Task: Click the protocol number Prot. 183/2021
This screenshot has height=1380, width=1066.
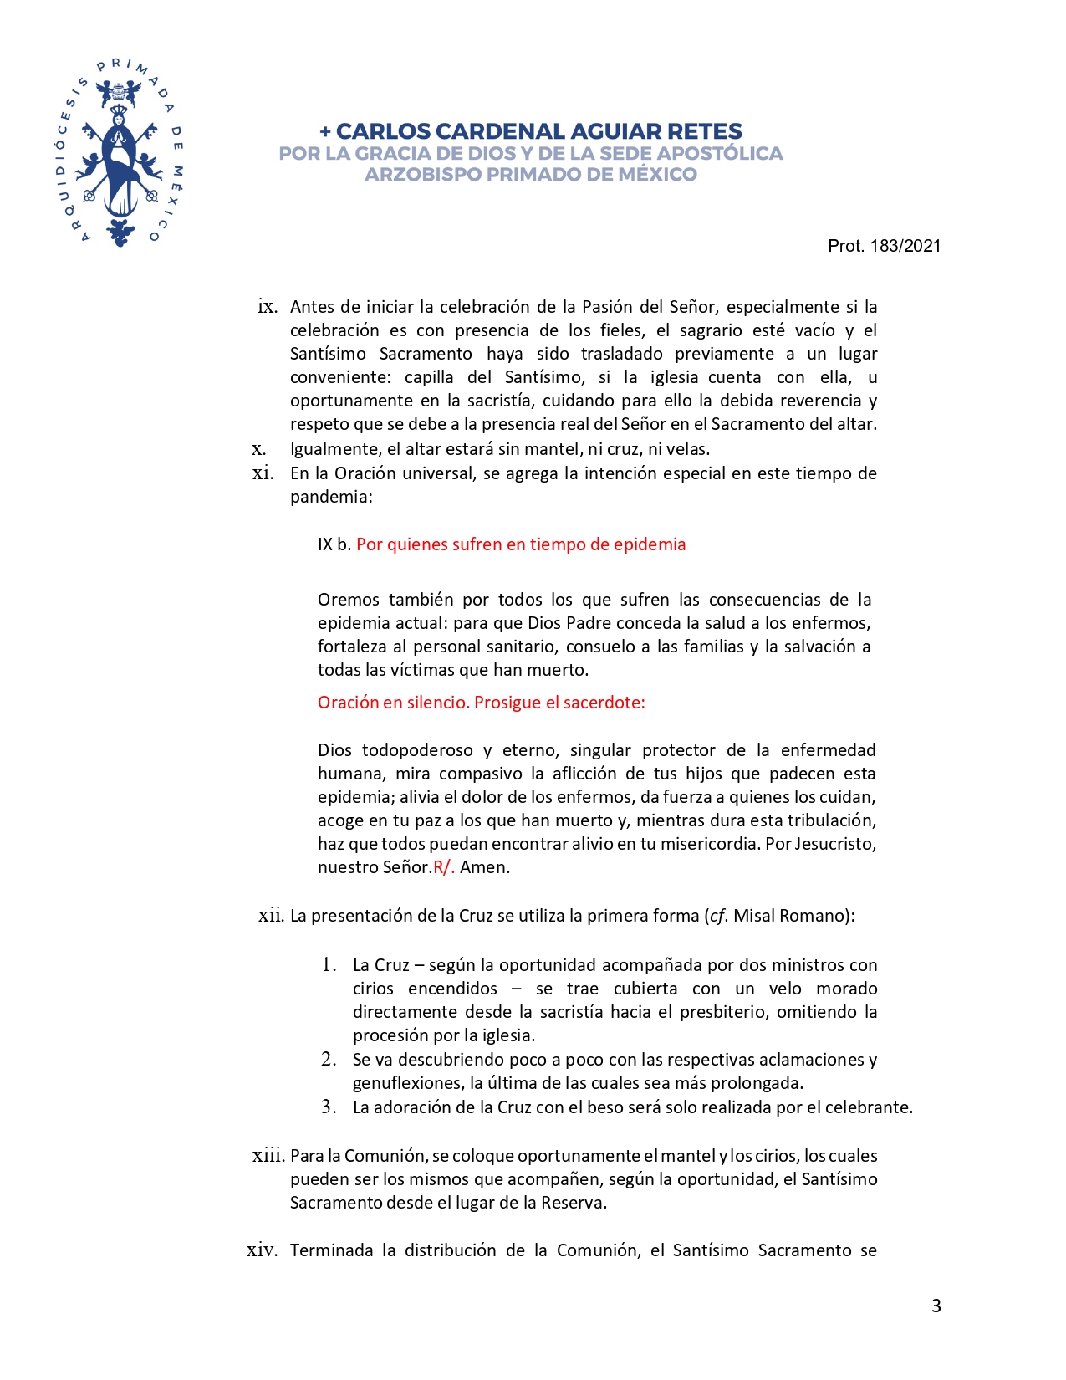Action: coord(884,246)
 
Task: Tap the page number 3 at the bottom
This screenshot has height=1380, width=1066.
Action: coord(936,1306)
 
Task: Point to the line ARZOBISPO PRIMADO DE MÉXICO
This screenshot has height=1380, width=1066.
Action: coord(531,175)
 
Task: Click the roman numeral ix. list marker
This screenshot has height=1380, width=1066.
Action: coord(268,307)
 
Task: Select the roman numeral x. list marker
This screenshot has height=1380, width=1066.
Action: coord(259,449)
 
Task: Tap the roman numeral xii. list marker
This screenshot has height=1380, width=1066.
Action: coord(271,916)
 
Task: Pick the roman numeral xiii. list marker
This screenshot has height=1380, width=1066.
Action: coord(268,1156)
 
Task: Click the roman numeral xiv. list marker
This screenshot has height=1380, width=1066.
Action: coord(262,1250)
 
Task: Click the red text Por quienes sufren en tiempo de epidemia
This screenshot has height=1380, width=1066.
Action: coord(521,544)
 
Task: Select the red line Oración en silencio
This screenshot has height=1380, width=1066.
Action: coord(481,703)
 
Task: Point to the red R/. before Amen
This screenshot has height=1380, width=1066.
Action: coord(444,867)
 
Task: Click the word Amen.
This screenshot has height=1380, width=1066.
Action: coord(484,867)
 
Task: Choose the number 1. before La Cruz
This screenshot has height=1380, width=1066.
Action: coord(329,965)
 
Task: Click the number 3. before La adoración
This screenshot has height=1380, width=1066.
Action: coord(329,1107)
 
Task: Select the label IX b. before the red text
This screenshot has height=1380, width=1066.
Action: coord(334,544)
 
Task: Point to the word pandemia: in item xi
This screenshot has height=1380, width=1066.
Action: coord(331,497)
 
